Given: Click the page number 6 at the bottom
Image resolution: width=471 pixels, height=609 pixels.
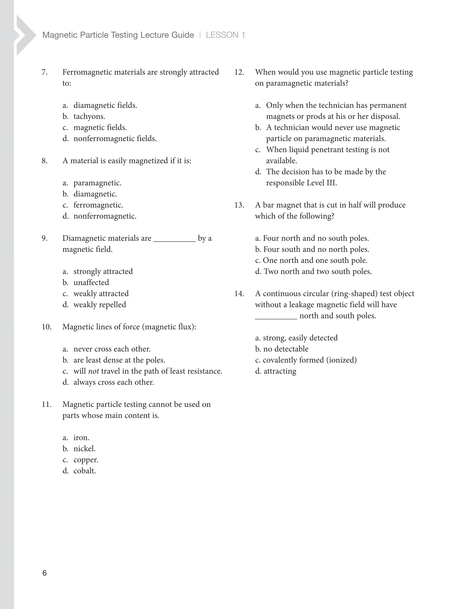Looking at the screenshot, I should tap(44, 573).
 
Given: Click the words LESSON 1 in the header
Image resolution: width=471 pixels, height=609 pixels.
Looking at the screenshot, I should tap(225, 35).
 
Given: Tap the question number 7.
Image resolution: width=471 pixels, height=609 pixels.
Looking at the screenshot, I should tap(45, 72).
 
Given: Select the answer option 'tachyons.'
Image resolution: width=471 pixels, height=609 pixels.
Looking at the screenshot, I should tap(89, 116).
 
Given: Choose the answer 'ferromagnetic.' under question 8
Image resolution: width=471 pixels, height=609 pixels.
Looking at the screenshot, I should tap(98, 205).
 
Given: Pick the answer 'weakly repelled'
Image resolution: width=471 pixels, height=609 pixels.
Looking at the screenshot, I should tap(100, 304).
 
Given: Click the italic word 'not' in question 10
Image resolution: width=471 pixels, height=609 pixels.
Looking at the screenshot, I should tap(93, 371).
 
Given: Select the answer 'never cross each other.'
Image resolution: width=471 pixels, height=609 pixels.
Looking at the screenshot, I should tap(112, 349).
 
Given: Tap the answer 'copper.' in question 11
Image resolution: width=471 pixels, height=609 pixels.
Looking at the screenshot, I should tap(86, 460).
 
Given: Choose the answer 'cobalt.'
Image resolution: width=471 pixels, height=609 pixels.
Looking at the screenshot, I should tap(84, 471).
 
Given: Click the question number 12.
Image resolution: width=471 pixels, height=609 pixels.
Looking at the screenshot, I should tap(239, 72).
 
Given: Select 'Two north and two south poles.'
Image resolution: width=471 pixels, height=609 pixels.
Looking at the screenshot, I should tap(317, 271).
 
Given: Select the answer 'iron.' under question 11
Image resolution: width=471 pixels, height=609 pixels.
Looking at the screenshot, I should tap(81, 438).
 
